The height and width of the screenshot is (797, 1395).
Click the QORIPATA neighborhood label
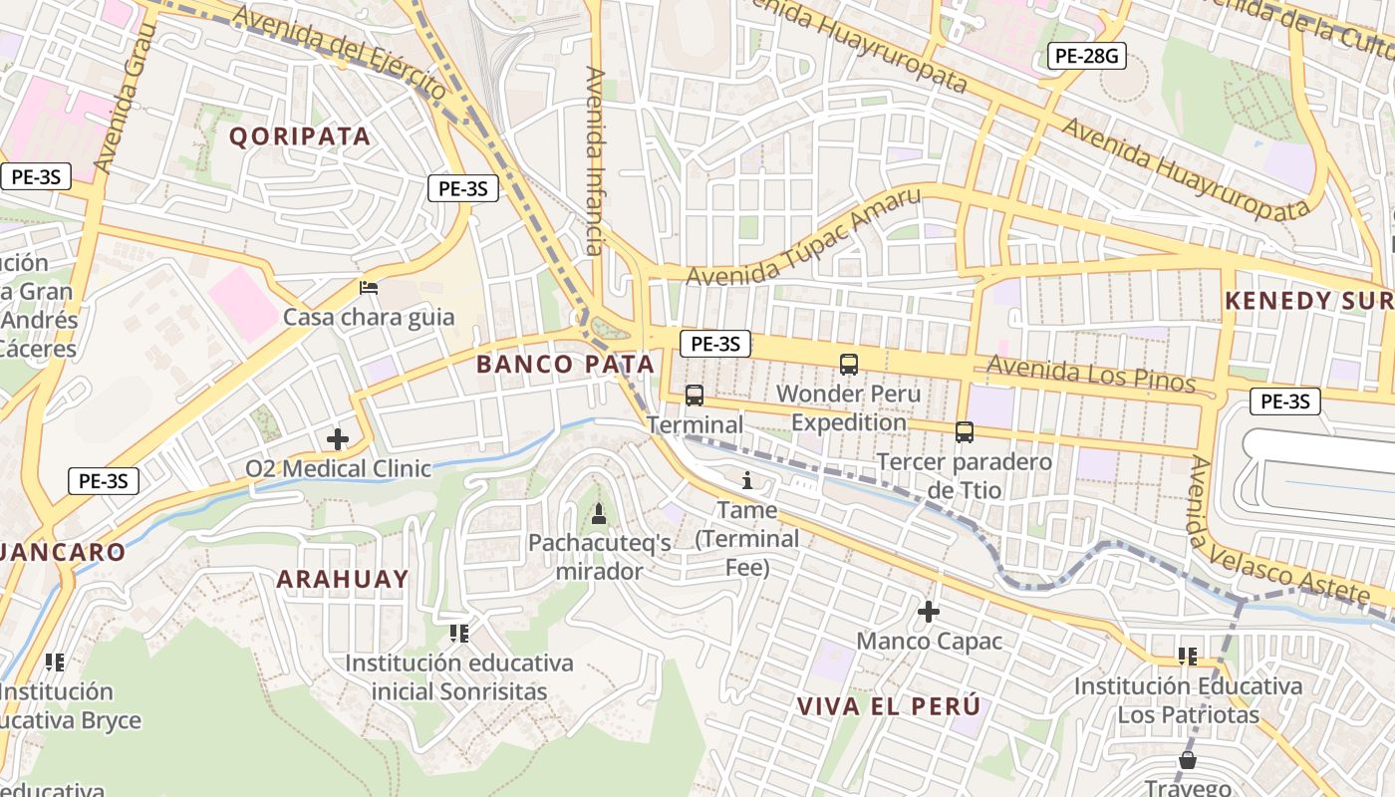(x=300, y=136)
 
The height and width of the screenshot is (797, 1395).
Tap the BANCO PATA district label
(x=565, y=365)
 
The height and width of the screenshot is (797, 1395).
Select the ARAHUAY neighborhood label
(x=343, y=579)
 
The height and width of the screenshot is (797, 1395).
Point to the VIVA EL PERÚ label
(x=889, y=706)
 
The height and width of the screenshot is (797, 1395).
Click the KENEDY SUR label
(x=1307, y=300)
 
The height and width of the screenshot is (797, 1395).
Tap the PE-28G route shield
(x=1086, y=56)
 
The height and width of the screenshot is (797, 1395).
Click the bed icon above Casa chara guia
(x=369, y=288)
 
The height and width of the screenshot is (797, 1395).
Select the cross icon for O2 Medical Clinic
(x=338, y=438)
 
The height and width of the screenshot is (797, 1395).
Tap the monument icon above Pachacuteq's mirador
(x=599, y=514)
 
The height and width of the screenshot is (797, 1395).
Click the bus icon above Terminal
(x=695, y=396)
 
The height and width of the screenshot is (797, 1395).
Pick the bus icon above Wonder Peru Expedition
(x=849, y=365)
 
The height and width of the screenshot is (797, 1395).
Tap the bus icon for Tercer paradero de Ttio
(x=964, y=432)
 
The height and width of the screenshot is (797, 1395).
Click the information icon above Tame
(x=747, y=481)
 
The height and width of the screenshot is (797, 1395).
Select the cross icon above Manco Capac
(x=929, y=611)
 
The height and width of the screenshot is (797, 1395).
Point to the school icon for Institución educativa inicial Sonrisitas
(x=459, y=633)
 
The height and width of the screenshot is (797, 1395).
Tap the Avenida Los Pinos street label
(x=1090, y=374)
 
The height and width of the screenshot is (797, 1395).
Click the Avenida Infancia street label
(x=595, y=160)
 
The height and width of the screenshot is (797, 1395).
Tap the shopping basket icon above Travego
(x=1187, y=760)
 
